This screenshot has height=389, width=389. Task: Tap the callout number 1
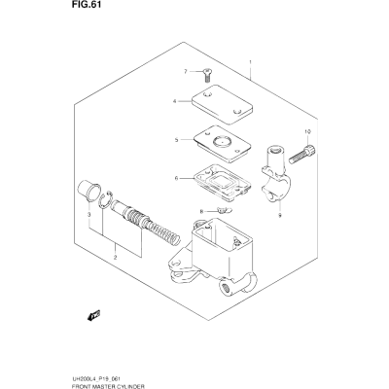[x=250, y=61]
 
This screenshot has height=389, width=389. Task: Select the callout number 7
[x=186, y=71]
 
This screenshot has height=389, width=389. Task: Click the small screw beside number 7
[x=206, y=75]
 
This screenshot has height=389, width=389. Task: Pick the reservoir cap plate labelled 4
[x=222, y=104]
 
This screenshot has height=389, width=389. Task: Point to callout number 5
[x=177, y=140]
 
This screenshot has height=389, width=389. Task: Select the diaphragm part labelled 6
[x=223, y=182]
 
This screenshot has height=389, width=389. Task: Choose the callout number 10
[x=307, y=131]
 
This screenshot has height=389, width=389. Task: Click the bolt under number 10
[x=301, y=154]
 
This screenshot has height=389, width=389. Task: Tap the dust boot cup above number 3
[x=88, y=192]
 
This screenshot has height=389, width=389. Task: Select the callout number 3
[x=88, y=215]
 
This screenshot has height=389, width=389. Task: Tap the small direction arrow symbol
[x=94, y=315]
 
